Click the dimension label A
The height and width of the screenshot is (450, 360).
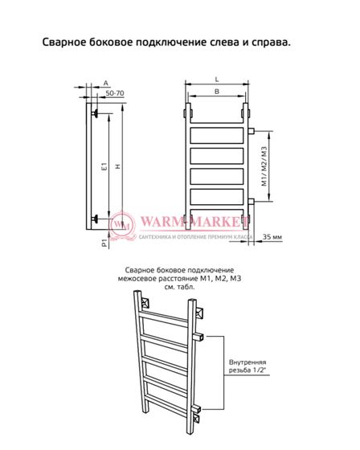click(106, 84)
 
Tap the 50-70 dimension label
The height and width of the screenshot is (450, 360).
click(115, 93)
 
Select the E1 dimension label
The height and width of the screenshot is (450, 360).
click(104, 166)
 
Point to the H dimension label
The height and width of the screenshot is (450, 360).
click(117, 166)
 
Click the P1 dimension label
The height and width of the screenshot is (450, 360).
click(104, 243)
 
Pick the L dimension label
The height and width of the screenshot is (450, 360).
click(217, 80)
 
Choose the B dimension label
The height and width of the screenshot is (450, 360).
click(217, 92)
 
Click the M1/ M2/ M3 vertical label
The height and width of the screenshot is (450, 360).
click(264, 166)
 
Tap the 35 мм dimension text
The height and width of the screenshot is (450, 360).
click(272, 237)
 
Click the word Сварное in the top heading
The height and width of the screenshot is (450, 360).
click(63, 42)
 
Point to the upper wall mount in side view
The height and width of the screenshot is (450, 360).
click(95, 113)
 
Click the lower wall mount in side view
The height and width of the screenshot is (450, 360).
click(95, 219)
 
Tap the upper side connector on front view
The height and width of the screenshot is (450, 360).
click(251, 131)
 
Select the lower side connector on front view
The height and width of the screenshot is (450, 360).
click(251, 202)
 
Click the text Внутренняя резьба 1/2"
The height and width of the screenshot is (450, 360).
click(247, 366)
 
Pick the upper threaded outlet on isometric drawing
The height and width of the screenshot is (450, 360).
click(199, 337)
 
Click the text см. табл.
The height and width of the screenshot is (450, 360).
click(179, 287)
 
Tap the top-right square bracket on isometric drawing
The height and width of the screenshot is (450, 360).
click(199, 313)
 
